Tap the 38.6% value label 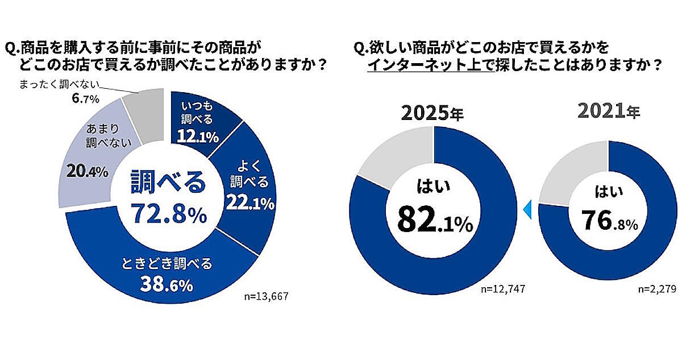click(169, 283)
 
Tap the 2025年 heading click(432, 113)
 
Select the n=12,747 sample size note click(500, 289)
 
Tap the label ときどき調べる click(167, 264)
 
